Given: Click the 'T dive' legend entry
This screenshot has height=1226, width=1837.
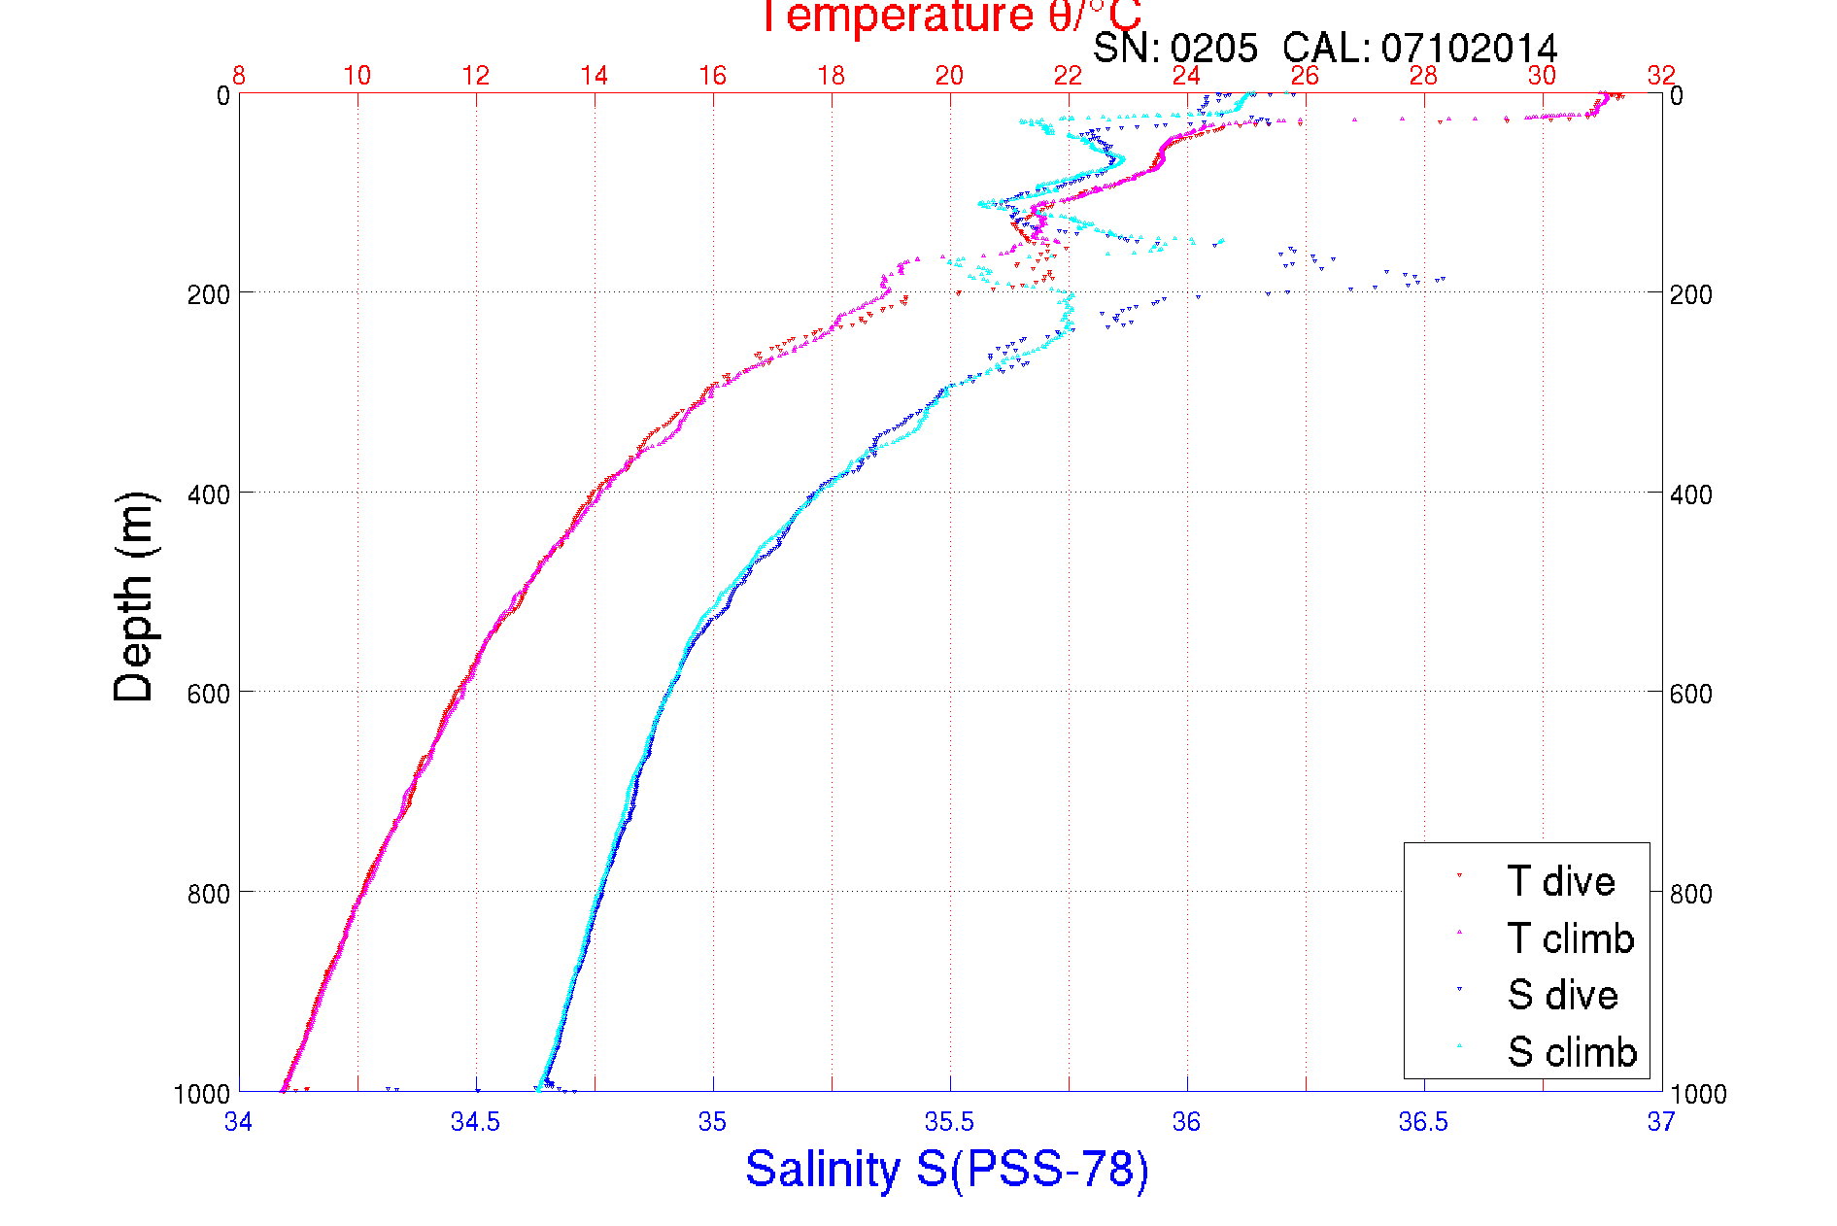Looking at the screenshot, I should (x=1560, y=881).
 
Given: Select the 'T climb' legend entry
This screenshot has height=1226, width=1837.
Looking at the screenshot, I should (x=1570, y=938).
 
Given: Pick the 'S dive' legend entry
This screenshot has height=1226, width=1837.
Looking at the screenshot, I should (x=1562, y=995).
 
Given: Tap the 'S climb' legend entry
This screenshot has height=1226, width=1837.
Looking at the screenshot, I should (x=1572, y=1052).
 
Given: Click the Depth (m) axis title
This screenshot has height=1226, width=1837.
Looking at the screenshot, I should (x=134, y=596).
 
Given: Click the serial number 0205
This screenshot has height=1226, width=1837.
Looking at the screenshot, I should (x=1213, y=48).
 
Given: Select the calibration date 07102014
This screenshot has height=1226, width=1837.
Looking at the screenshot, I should (x=1469, y=48).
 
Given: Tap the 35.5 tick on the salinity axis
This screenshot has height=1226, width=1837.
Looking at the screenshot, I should (x=949, y=1122).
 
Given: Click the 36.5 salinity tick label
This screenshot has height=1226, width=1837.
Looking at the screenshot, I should (x=1423, y=1122).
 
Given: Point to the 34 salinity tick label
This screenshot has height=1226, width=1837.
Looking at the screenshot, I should (x=238, y=1122).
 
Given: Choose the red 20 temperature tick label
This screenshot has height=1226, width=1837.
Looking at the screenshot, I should (x=949, y=76).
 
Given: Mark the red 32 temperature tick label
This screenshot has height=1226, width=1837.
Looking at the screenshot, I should (x=1661, y=76).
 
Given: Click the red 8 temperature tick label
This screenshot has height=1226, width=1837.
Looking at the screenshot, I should (x=238, y=76).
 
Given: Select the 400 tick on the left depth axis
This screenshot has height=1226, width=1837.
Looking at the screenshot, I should (x=208, y=494).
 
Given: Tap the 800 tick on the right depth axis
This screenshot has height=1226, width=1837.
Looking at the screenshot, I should (x=1690, y=894).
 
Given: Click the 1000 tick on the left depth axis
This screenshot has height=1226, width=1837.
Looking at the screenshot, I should (x=201, y=1094).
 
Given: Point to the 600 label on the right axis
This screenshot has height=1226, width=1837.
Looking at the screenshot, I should (x=1690, y=694).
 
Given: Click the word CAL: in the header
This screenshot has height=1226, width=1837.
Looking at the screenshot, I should (x=1326, y=48).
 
